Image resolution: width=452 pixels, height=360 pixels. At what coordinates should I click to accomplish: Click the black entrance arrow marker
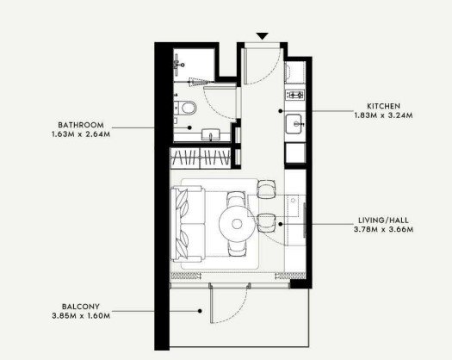263,36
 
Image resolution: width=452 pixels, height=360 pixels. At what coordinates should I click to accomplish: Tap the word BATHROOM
81,125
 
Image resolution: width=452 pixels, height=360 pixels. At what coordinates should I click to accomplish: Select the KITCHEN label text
383,106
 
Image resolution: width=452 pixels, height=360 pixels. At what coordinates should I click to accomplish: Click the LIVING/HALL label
383,220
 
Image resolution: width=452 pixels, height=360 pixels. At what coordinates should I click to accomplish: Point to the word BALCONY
81,307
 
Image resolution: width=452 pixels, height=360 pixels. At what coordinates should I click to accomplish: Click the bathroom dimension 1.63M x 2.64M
81,134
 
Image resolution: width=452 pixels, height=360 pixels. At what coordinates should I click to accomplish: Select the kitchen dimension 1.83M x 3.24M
383,115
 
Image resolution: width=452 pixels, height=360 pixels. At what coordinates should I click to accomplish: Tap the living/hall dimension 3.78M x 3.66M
383,230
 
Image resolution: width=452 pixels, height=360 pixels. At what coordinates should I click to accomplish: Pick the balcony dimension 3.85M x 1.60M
81,315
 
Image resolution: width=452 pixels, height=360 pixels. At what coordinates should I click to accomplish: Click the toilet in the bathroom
185,108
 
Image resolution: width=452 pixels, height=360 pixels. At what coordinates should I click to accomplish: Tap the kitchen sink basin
294,124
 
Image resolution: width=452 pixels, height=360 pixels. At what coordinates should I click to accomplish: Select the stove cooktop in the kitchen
295,95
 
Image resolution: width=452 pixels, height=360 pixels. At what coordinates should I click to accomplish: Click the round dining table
237,224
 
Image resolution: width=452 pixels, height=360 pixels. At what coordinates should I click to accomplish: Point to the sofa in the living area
188,224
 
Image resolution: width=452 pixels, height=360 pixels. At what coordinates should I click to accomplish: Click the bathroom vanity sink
211,134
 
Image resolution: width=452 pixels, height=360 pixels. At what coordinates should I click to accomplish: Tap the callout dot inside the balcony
200,311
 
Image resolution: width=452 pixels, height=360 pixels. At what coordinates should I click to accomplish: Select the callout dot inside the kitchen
280,111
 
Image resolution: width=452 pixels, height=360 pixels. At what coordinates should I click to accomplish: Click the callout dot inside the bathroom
189,127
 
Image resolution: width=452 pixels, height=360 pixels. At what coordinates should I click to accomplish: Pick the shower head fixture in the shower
177,65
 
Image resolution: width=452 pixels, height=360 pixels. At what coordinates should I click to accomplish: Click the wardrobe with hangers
201,158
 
